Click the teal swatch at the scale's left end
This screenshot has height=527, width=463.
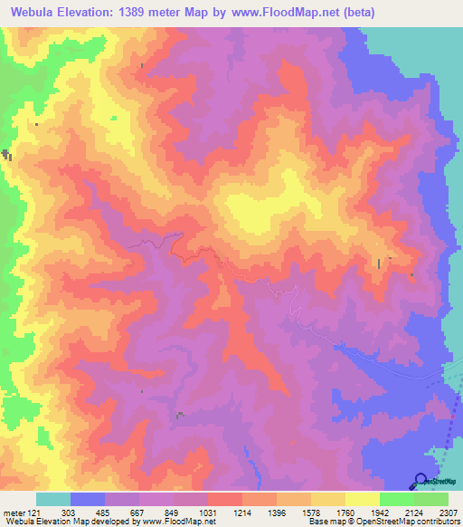pyautogui.click(x=53, y=500)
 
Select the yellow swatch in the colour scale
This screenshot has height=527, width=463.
pyautogui.click(x=363, y=500)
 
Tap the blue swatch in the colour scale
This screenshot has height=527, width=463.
pyautogui.click(x=88, y=500)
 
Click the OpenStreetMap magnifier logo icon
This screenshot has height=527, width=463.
pyautogui.click(x=420, y=480)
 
